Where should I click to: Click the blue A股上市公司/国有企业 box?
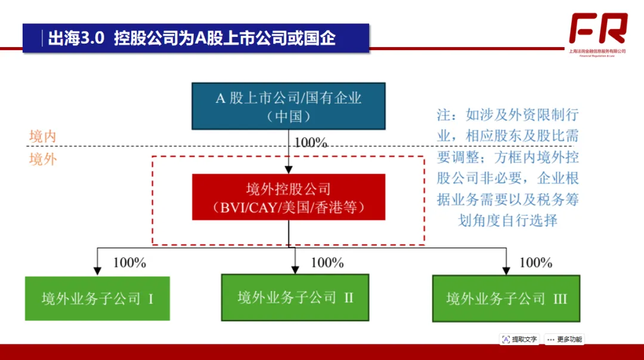[x=289, y=106]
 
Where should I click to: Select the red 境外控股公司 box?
[x=289, y=197]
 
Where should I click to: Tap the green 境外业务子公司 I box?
[x=97, y=298]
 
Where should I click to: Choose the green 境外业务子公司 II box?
[x=295, y=297]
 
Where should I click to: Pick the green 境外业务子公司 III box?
[x=506, y=298]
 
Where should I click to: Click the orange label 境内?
[x=43, y=136]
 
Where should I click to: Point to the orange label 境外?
[x=43, y=159]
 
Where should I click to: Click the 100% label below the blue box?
[x=311, y=143]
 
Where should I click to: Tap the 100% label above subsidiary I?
[x=129, y=262]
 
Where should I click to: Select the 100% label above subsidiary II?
[x=327, y=262]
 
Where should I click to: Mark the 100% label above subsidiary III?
[x=536, y=262]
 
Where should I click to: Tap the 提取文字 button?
[x=519, y=339]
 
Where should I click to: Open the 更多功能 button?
[x=564, y=339]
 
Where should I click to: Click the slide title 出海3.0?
[x=76, y=39]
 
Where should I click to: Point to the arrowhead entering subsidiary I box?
[x=97, y=271]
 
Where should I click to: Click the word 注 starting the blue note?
[x=444, y=115]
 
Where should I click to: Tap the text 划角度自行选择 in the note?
[x=507, y=220]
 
